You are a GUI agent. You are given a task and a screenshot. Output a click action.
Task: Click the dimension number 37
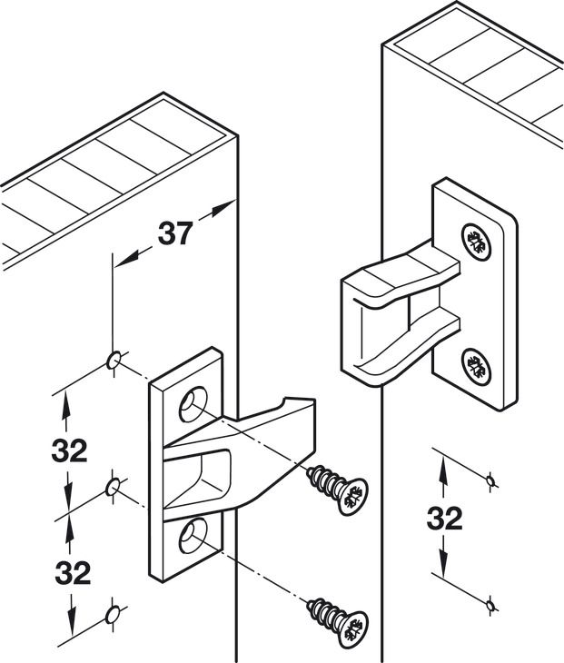175,233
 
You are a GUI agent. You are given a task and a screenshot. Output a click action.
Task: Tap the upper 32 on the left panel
69,450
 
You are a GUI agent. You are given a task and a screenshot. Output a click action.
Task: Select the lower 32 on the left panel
73,573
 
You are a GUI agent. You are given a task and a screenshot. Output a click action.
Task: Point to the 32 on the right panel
444,519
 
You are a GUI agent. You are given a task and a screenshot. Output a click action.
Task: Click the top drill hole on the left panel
114,360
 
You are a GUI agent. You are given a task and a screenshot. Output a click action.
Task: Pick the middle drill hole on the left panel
113,487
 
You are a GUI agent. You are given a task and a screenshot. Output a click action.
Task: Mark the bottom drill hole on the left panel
113,614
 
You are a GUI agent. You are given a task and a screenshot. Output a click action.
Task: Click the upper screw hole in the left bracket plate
193,404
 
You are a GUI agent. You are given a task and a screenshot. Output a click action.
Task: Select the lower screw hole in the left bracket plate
193,536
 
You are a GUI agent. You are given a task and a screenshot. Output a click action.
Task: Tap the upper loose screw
338,490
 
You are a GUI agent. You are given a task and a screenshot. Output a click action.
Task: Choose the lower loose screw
338,622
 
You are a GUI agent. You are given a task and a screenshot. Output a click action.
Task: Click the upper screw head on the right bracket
477,242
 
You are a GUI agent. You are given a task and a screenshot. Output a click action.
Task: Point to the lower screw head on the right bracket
477,367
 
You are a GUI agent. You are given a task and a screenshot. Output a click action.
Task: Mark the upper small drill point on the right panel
490,480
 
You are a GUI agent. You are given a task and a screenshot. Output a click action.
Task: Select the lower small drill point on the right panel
490,606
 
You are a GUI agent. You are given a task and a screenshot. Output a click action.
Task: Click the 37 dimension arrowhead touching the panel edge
223,209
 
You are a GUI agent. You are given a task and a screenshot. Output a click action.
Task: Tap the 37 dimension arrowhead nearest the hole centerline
125,258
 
